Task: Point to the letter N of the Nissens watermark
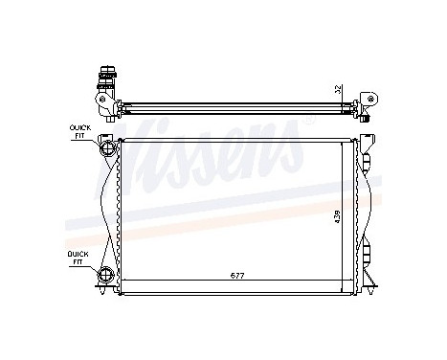[144, 144]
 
